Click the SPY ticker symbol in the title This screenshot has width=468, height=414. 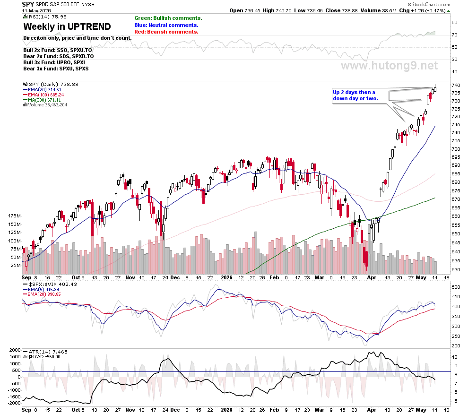click(28, 4)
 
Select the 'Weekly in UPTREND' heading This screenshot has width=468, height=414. click(67, 26)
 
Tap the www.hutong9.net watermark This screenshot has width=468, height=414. click(389, 66)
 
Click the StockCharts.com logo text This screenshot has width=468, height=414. click(429, 4)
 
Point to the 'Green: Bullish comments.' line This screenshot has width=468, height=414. click(168, 18)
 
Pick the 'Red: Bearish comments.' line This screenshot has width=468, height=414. click(166, 32)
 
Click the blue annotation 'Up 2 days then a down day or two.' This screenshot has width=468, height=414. click(355, 95)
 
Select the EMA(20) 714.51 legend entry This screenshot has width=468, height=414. click(42, 89)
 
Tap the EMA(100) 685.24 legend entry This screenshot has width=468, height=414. click(43, 95)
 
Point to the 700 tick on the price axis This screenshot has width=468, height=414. click(456, 149)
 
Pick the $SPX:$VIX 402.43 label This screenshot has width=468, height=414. click(50, 284)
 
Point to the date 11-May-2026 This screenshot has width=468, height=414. click(36, 10)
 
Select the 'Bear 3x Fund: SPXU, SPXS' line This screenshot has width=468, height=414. click(56, 69)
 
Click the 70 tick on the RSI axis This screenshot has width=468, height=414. click(454, 35)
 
